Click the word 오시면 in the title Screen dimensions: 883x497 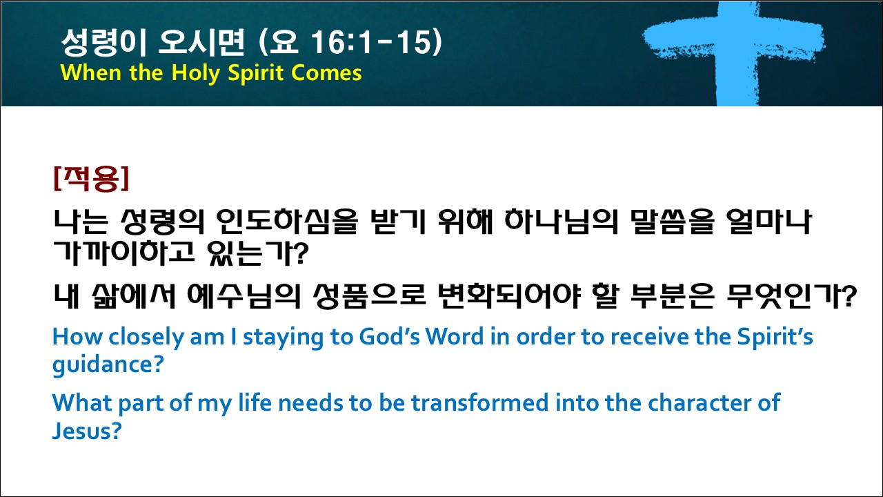201,42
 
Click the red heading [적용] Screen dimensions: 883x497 92,179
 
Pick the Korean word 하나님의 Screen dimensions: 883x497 561,222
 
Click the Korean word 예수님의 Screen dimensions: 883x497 244,296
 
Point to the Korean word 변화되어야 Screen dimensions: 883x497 509,296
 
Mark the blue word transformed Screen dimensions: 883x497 479,403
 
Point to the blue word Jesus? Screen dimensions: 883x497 87,431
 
